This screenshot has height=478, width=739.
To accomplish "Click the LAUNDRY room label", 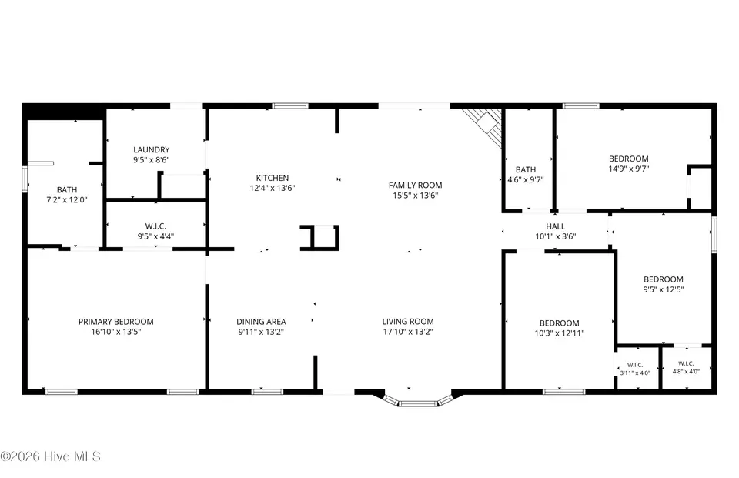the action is point(152,149).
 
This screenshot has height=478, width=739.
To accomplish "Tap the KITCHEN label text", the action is point(273,178).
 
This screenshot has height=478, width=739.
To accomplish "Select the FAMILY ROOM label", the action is point(415,186).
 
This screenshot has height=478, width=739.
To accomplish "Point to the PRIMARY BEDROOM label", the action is point(116,322).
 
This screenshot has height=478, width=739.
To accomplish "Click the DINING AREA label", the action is point(261,322).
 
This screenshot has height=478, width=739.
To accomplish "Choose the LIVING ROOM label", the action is point(408,322).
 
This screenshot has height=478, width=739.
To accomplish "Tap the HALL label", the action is point(556,226).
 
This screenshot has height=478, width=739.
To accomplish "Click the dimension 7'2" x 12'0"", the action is point(66,200).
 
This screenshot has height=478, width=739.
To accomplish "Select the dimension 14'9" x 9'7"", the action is point(629,169).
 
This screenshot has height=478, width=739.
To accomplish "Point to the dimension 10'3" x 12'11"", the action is point(560,333).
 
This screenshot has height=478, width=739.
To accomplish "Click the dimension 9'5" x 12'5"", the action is point(664,289).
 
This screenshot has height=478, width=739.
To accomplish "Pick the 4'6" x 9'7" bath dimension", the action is point(526,179).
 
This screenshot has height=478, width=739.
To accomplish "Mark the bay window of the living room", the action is point(417,402).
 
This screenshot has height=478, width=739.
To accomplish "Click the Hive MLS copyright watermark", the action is point(51,456).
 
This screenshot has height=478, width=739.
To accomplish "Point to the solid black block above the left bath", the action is point(63,112).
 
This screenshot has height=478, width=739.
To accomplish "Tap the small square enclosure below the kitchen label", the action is point(319,237).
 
